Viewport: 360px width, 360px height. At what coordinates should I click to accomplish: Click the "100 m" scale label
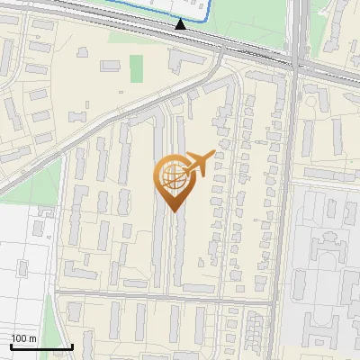coord(23,338)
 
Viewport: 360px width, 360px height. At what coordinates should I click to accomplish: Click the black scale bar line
coord(41,346)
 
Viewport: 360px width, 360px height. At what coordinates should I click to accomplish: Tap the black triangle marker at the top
coord(181,24)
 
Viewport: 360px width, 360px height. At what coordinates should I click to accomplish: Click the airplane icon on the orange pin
coord(197,165)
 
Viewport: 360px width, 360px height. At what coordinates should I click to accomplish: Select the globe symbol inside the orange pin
coord(172,175)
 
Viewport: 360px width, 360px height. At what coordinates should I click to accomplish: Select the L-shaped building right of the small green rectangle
coord(184,60)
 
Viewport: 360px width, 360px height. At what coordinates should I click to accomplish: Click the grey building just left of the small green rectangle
coord(110,66)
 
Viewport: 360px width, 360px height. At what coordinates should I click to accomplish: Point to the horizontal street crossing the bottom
coord(162,297)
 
